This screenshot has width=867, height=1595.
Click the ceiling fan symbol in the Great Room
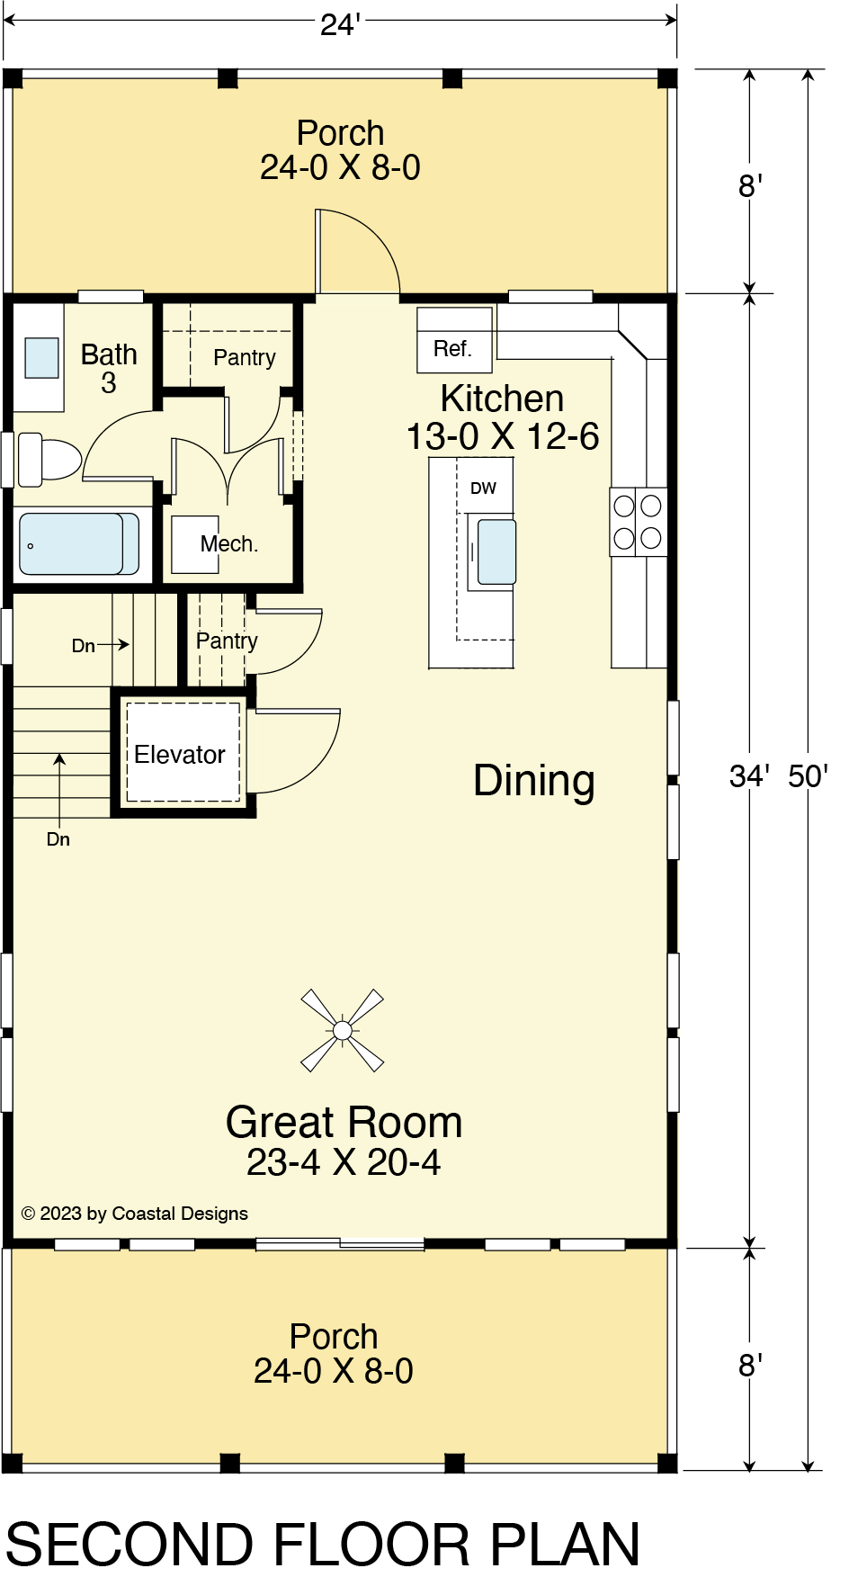click(342, 1030)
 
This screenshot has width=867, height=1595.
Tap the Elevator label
click(180, 755)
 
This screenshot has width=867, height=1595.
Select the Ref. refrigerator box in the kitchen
click(454, 340)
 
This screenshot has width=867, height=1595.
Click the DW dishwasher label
click(483, 488)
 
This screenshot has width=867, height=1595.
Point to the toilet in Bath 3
click(49, 459)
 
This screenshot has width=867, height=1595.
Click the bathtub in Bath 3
click(79, 543)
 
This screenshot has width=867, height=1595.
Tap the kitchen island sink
click(496, 551)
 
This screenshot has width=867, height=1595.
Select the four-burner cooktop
click(638, 522)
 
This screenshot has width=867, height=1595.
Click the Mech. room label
click(229, 544)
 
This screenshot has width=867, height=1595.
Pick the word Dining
click(534, 781)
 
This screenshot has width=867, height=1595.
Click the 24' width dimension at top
click(341, 24)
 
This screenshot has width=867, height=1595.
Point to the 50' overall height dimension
click(808, 776)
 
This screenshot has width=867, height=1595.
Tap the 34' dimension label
click(749, 776)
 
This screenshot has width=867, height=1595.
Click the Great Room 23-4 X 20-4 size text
click(344, 1162)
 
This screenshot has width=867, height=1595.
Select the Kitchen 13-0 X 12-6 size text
click(503, 436)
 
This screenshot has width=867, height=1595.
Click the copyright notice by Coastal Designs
click(135, 1214)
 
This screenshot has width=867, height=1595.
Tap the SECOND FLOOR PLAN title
click(323, 1546)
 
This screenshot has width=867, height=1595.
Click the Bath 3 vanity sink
click(41, 358)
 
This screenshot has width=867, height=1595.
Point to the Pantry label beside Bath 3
click(245, 358)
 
